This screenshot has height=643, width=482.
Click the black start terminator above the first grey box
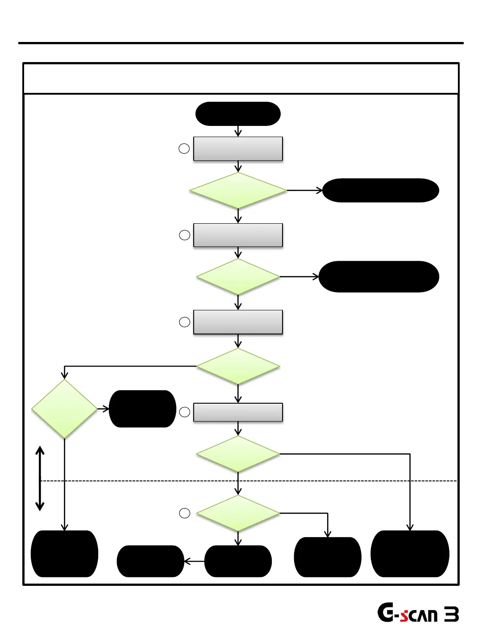click(238, 114)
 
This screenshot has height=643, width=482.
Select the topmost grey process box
click(238, 149)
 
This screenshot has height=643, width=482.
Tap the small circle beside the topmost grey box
click(184, 149)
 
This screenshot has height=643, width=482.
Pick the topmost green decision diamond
click(238, 190)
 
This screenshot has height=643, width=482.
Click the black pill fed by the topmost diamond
click(380, 190)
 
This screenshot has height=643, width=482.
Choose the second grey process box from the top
click(238, 235)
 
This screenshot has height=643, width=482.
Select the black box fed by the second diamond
click(378, 277)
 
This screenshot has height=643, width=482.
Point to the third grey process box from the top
click(238, 322)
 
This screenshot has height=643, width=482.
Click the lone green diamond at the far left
click(65, 409)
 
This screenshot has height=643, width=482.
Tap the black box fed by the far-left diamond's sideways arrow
click(142, 409)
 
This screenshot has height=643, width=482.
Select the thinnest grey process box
click(238, 412)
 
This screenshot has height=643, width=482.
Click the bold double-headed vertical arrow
click(40, 478)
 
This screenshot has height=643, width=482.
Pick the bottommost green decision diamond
click(238, 514)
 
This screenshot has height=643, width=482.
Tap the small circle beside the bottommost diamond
click(184, 514)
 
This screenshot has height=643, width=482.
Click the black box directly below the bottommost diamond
click(238, 561)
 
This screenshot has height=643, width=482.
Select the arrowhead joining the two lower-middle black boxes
click(187, 561)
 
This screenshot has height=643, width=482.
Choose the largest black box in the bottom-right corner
click(410, 554)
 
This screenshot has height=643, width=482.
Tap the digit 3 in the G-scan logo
click(451, 615)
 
